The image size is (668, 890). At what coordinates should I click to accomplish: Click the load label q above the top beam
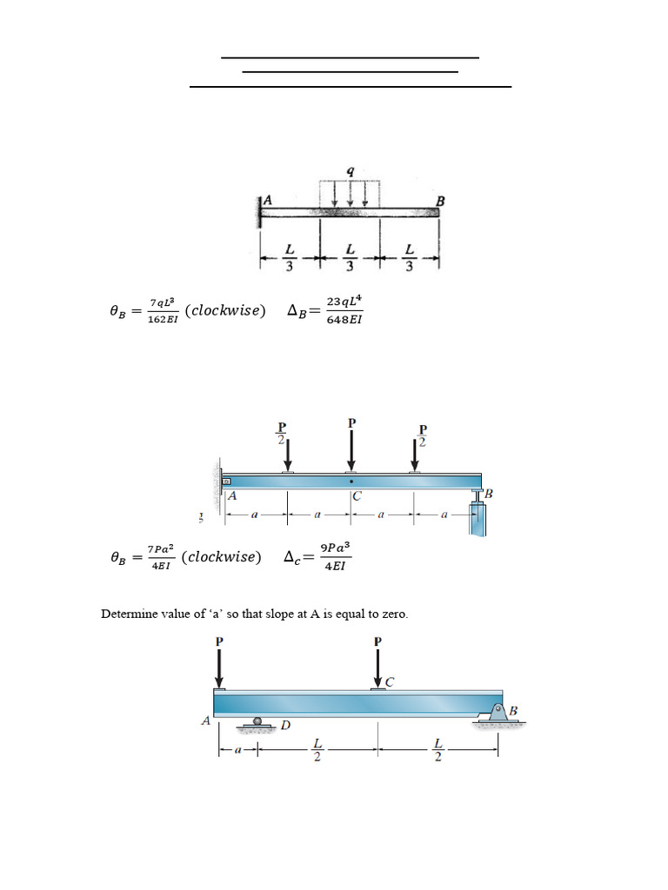click(x=351, y=172)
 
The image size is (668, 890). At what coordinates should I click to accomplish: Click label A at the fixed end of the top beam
click(x=268, y=200)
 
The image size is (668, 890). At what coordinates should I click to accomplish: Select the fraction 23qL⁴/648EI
click(x=344, y=310)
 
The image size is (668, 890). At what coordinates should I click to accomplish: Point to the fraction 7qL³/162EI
click(x=162, y=310)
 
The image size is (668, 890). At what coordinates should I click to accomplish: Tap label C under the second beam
click(x=357, y=497)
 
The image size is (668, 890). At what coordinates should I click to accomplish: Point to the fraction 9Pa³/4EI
click(x=335, y=557)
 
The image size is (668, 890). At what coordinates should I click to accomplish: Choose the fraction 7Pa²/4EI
click(x=161, y=557)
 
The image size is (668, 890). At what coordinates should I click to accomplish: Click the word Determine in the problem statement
click(x=128, y=614)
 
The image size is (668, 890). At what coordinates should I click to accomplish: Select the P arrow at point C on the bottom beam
click(x=377, y=667)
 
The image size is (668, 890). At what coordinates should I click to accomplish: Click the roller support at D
click(x=257, y=721)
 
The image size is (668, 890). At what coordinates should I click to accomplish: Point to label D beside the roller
click(x=284, y=725)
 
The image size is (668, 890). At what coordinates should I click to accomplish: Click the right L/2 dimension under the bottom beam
click(x=438, y=749)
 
